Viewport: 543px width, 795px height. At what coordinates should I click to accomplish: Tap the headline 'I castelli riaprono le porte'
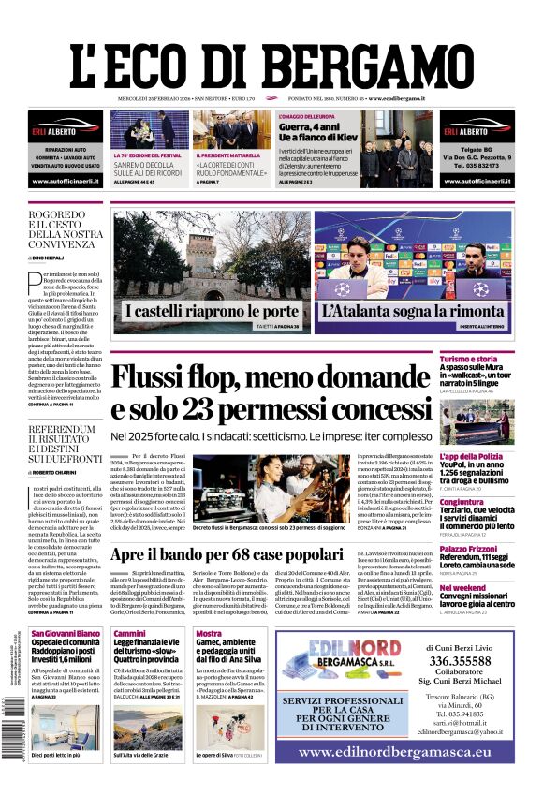point(212,311)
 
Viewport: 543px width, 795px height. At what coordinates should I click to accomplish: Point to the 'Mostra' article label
point(208,634)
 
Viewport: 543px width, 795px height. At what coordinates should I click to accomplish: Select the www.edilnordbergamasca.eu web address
point(393,752)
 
